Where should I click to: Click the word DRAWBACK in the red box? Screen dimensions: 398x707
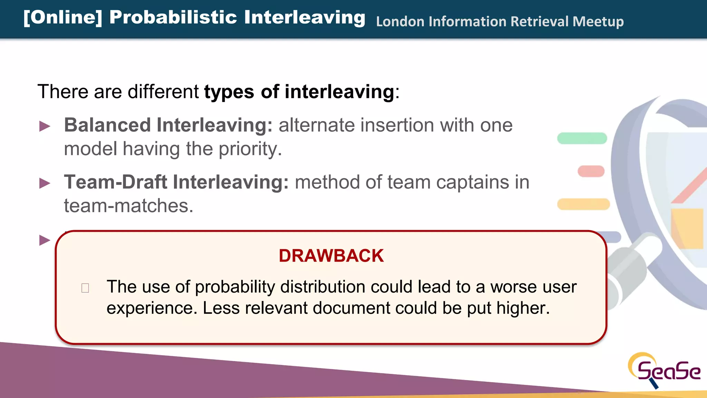331,256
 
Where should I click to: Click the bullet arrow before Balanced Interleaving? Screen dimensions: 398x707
45,126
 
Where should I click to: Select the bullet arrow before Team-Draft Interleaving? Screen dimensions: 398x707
45,183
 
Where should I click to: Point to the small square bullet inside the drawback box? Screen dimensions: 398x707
85,288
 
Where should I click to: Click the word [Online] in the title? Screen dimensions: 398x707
63,17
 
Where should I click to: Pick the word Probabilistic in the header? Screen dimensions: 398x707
173,17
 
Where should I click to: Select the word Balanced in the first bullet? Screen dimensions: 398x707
107,125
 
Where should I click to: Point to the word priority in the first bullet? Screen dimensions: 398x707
250,149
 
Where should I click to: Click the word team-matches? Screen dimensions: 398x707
128,206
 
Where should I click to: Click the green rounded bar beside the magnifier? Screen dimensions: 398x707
582,138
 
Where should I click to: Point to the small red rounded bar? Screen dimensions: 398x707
591,171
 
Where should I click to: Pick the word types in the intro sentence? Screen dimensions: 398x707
229,92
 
